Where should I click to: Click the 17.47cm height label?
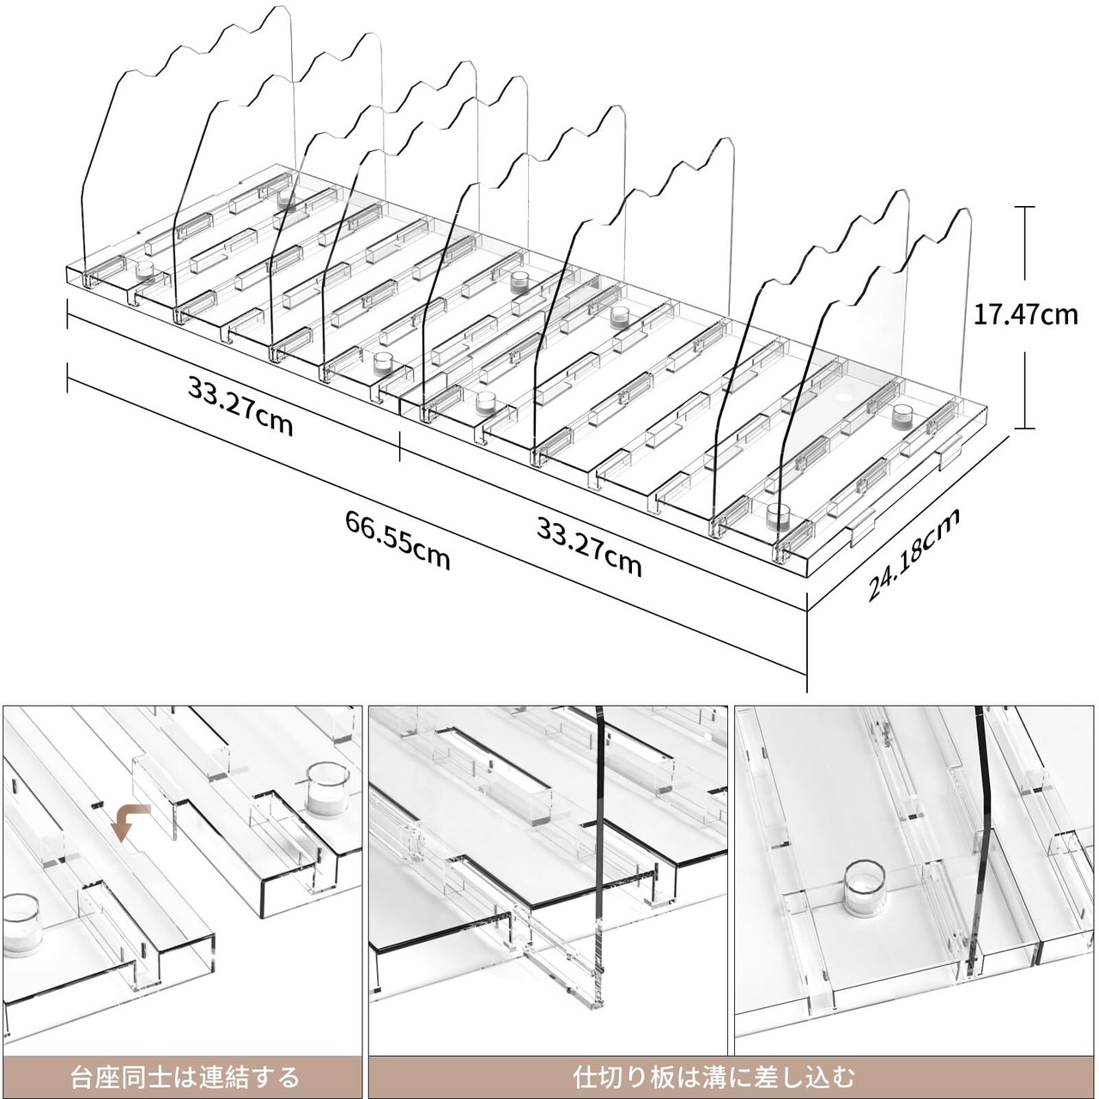point(1025,315)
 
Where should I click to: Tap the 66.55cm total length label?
point(398,539)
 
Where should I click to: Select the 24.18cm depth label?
point(913,553)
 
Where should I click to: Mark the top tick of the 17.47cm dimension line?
point(1025,207)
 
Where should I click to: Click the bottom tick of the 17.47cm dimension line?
point(1025,428)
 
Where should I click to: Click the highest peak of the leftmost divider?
point(279,7)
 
